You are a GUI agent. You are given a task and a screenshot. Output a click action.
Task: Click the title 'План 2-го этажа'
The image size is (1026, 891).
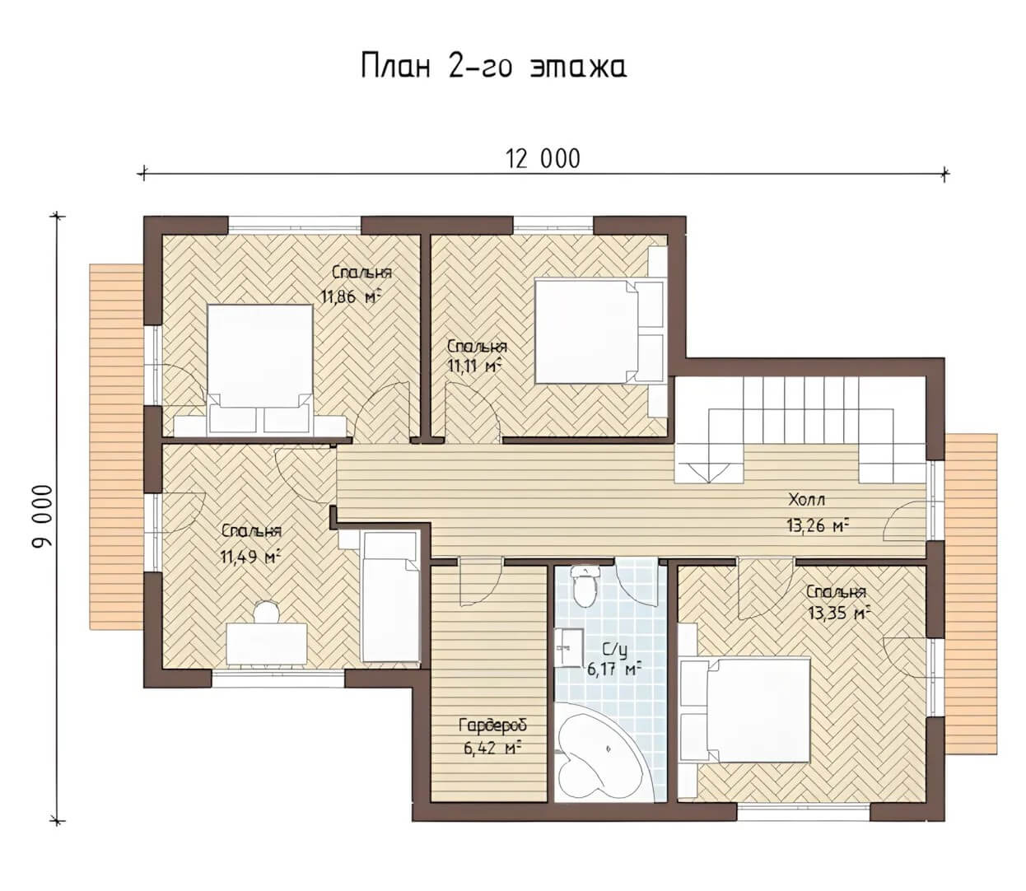point(493,67)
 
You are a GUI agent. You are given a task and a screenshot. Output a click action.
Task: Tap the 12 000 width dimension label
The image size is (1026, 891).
point(543,159)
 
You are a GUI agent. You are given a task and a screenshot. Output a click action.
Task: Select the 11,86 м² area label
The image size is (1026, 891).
point(350,296)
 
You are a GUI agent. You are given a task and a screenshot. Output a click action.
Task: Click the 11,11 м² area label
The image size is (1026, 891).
point(473,366)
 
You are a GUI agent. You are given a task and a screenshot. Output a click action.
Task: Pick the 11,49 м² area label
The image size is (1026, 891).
point(250,557)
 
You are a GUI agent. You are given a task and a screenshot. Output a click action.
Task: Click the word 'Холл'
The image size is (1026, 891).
point(806,499)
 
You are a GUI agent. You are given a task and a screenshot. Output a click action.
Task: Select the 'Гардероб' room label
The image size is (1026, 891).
point(493,725)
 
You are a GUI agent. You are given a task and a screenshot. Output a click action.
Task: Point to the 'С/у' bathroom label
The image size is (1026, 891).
point(614,651)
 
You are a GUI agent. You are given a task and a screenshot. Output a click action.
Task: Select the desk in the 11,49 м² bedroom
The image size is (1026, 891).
point(267,643)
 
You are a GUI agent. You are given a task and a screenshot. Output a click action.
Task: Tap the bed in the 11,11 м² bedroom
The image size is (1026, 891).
point(599,331)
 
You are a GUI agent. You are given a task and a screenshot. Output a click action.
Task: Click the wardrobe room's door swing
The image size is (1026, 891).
point(480,581)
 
